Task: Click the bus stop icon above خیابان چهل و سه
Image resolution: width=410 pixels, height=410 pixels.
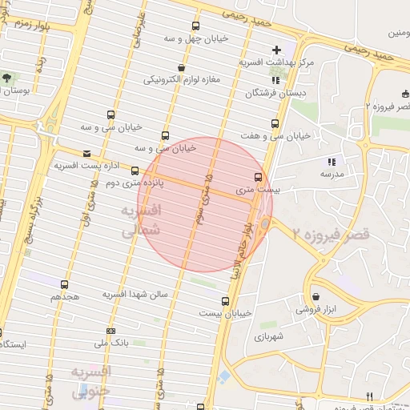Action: pos(196,26)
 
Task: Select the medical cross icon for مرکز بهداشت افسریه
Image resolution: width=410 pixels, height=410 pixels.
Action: pos(276,50)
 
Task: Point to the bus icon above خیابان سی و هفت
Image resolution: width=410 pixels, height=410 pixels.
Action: pos(275,123)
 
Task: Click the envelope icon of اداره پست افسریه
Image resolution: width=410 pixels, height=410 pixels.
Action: pos(86,153)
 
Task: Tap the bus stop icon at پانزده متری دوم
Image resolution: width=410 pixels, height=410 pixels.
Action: pos(135,171)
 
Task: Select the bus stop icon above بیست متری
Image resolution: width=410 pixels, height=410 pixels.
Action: pos(258,177)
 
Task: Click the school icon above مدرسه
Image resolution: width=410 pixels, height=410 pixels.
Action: pos(332,162)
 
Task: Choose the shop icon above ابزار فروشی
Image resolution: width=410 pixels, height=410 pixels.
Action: pos(316,296)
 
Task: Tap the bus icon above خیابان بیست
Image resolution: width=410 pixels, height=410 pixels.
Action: pos(224,302)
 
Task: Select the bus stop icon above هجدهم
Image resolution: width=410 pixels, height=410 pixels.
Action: pos(65,284)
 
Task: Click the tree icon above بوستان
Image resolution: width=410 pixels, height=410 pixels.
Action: pos(6,78)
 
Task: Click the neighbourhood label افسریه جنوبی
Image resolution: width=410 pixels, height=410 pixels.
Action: pos(90,382)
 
